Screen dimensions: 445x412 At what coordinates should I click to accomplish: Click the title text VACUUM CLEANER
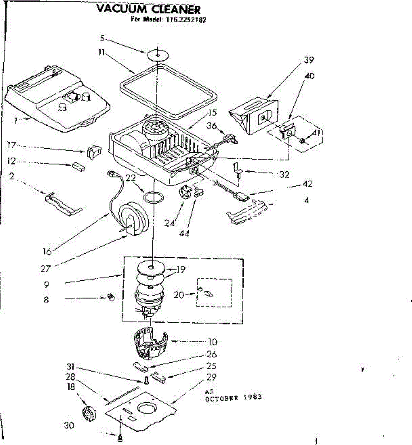click(x=148, y=9)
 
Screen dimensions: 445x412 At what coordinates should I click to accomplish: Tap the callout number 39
click(x=309, y=60)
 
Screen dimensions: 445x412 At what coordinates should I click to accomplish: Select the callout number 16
click(x=47, y=252)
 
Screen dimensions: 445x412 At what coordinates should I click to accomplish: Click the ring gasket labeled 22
click(x=153, y=197)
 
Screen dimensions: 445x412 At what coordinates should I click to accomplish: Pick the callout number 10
click(x=212, y=342)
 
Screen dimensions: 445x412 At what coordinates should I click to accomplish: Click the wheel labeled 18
click(x=89, y=413)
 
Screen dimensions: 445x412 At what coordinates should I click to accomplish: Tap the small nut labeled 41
click(x=302, y=141)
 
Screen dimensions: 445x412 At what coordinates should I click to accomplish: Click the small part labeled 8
click(x=110, y=297)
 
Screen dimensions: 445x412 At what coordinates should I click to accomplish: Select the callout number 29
click(x=212, y=377)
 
